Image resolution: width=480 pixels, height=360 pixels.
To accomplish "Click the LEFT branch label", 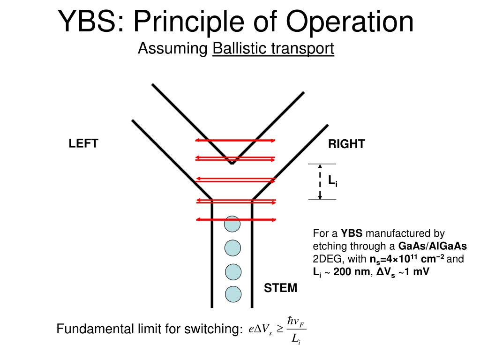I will tap(83, 143).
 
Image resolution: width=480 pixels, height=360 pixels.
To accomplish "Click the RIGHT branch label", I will tap(346, 144).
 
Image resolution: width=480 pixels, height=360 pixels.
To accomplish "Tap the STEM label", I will tap(280, 288).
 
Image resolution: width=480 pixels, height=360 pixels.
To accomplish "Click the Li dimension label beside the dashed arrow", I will tap(332, 181).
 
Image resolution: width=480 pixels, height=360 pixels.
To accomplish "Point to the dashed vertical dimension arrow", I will tap(320, 181).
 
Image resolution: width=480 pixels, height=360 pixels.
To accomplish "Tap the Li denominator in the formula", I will tap(296, 340).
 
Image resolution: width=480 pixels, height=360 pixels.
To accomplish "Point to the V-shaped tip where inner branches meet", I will tap(232, 163).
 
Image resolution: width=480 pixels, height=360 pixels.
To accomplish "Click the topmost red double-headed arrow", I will tap(235, 140).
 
